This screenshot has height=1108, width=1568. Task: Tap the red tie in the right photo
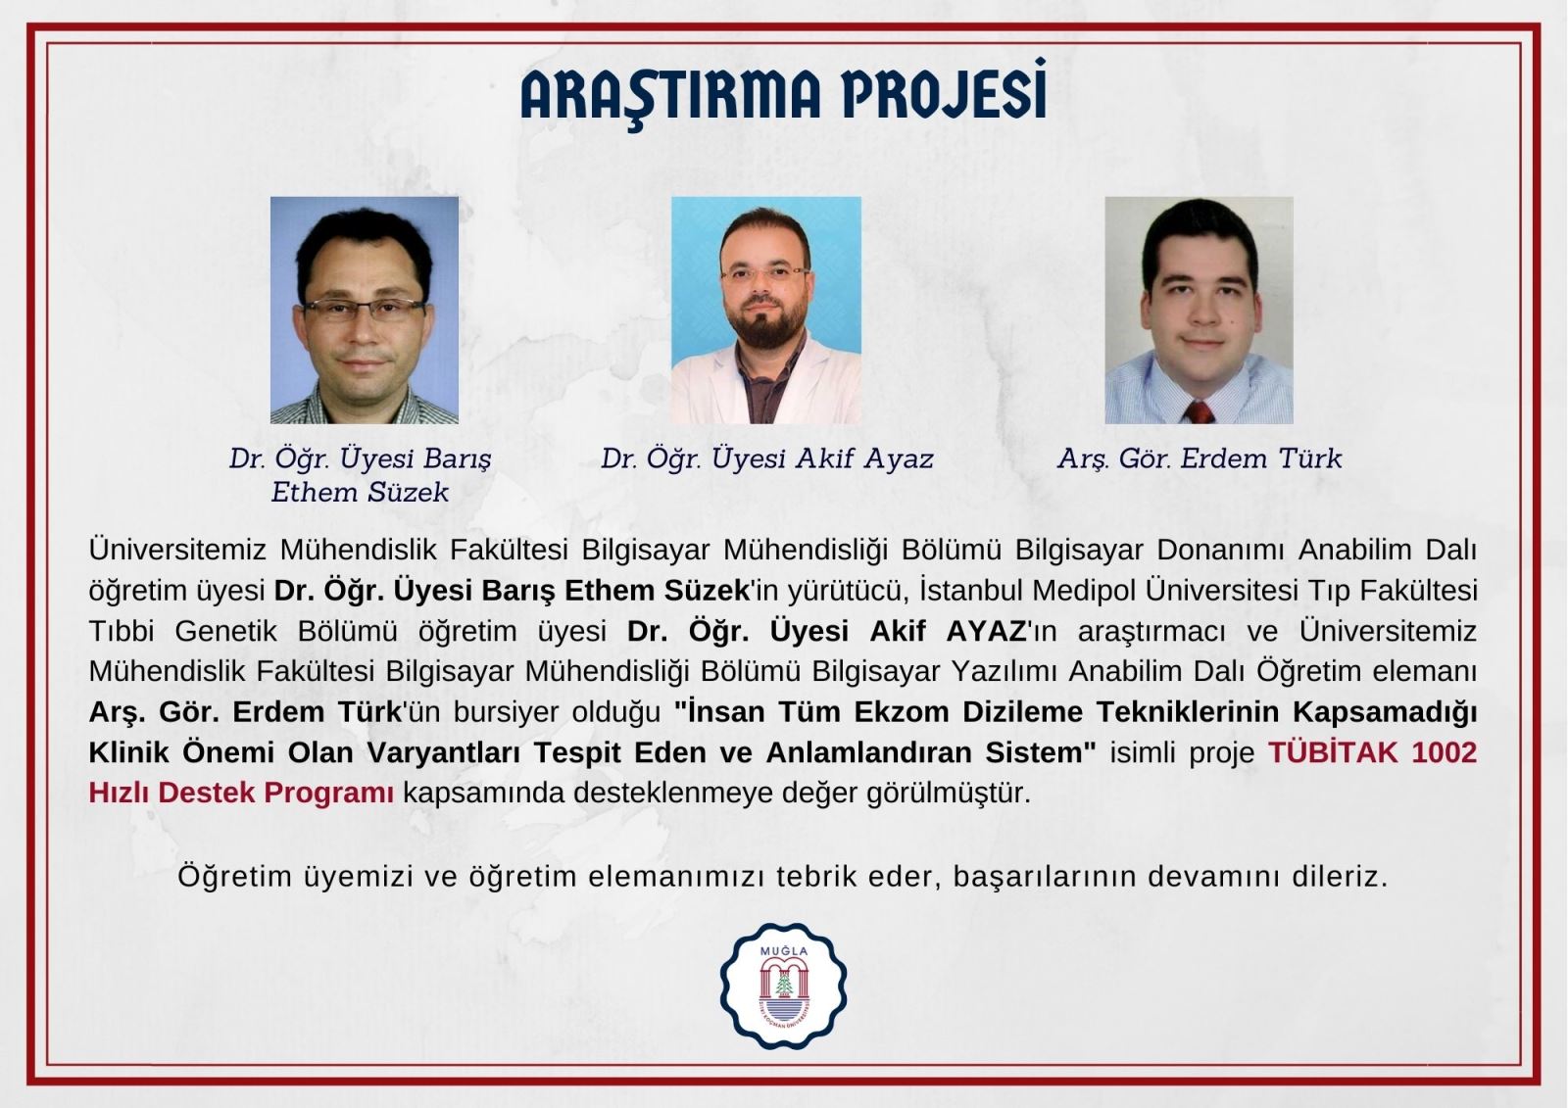pyautogui.click(x=1199, y=412)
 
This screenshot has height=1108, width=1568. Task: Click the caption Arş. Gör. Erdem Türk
pyautogui.click(x=1200, y=459)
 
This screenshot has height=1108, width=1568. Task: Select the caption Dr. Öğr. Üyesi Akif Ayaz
pyautogui.click(x=767, y=459)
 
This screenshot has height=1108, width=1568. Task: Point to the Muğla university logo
pyautogui.click(x=783, y=986)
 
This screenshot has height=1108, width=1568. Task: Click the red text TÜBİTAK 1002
pyautogui.click(x=1373, y=752)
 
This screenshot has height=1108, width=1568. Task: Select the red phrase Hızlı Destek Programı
pyautogui.click(x=241, y=793)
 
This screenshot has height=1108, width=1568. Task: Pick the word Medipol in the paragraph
pyautogui.click(x=1089, y=591)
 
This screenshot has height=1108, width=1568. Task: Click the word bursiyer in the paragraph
pyautogui.click(x=505, y=712)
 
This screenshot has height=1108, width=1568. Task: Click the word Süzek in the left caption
pyautogui.click(x=408, y=492)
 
